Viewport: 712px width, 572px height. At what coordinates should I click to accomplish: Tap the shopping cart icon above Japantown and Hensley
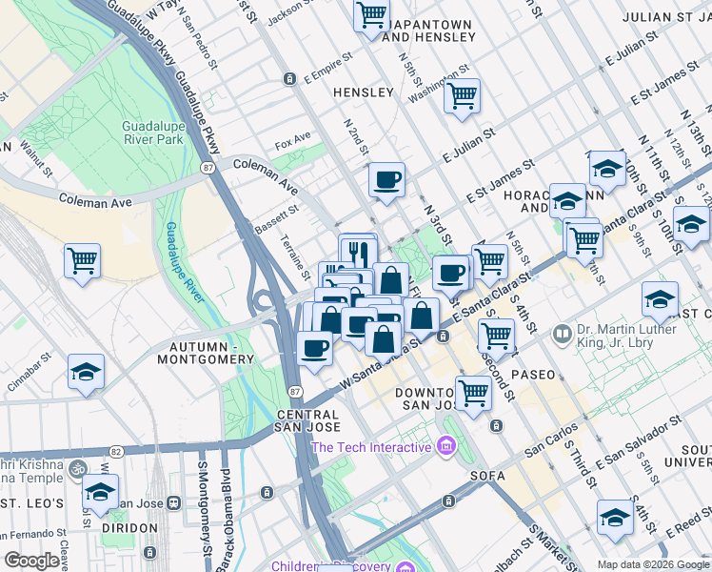(371, 15)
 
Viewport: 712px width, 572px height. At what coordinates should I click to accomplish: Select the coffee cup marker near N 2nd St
(386, 180)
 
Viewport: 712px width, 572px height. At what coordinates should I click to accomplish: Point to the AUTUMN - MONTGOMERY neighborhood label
(211, 352)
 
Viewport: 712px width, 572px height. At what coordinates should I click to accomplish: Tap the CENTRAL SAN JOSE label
(307, 422)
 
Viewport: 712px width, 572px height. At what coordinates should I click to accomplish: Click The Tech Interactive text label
(371, 447)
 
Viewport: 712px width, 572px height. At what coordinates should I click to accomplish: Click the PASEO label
(533, 375)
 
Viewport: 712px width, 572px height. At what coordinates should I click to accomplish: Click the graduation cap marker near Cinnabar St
(86, 373)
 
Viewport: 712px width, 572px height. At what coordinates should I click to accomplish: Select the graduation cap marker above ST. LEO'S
(100, 493)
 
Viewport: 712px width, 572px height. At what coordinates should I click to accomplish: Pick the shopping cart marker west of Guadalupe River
(83, 259)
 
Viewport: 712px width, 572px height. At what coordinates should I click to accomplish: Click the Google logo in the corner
(31, 562)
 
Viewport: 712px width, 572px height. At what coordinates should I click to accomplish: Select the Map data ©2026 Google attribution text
(653, 564)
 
